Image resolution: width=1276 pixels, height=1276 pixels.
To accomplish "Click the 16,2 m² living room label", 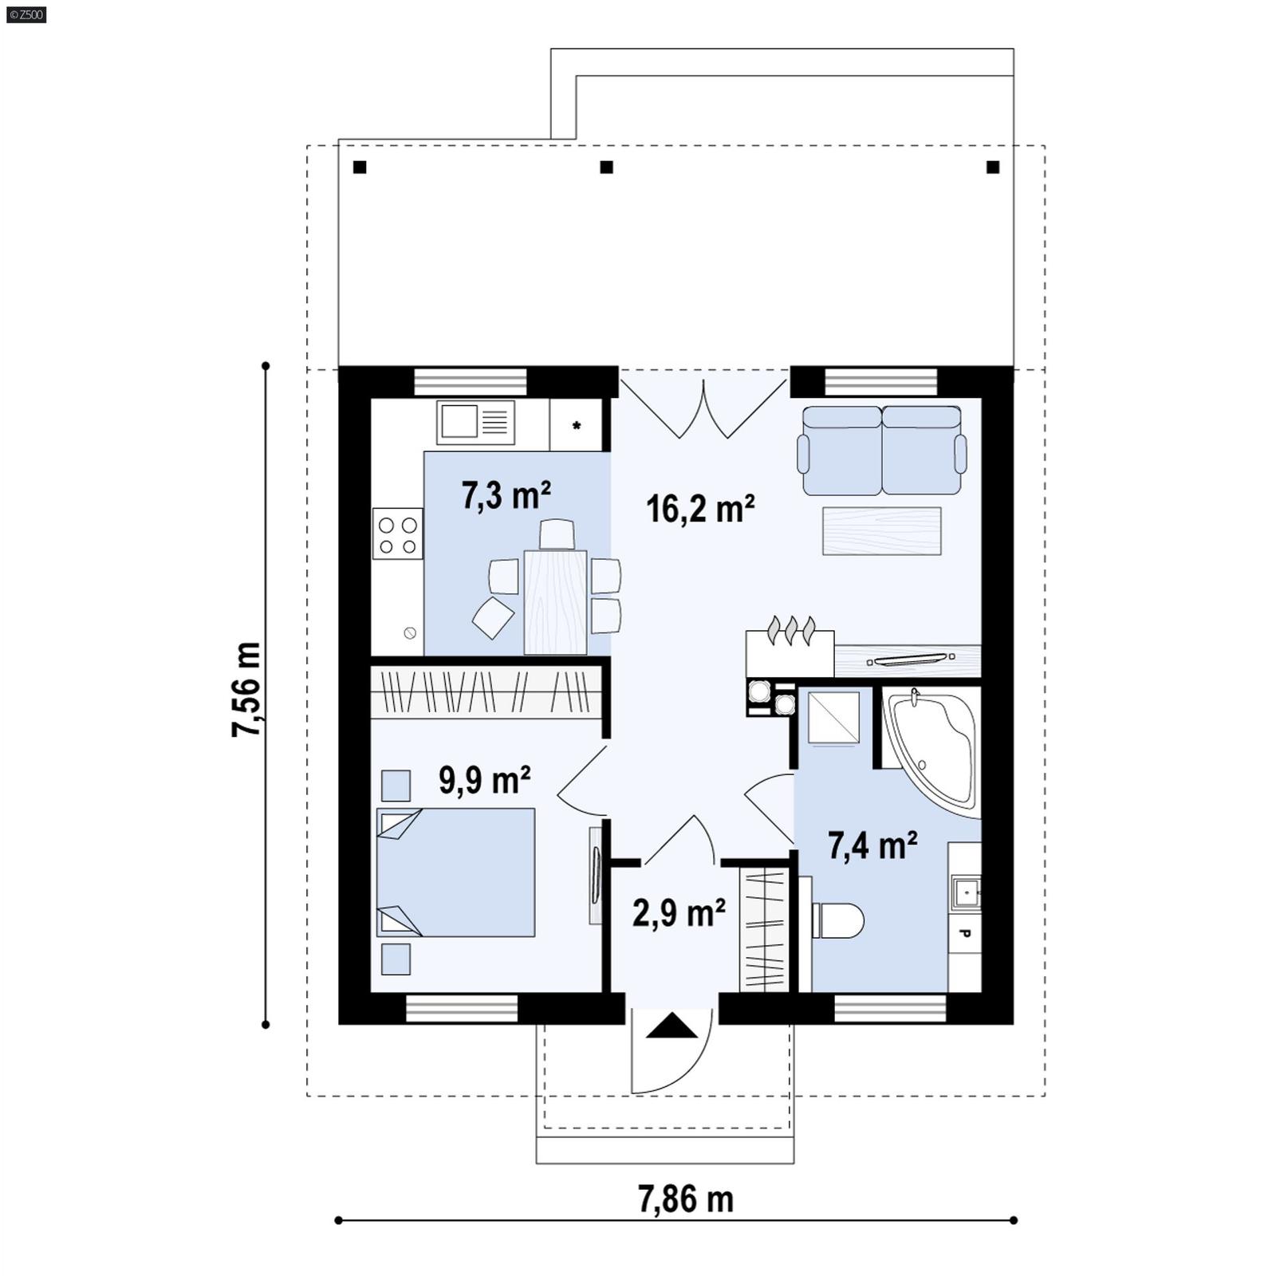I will (699, 509).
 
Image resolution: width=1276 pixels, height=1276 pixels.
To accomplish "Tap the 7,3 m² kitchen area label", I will (506, 496).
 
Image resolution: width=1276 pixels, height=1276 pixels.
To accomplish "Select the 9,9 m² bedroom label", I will (484, 780).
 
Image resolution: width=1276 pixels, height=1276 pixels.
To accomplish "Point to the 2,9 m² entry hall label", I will (678, 913).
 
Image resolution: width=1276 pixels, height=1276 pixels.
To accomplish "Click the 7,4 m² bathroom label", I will (872, 846).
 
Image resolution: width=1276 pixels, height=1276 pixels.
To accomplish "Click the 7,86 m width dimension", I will (685, 1199).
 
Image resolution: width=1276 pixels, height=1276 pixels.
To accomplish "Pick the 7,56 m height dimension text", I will (246, 689).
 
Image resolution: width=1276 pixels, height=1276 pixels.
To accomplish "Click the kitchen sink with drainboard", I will (475, 422).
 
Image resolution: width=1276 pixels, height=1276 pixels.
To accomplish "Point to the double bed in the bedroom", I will (455, 872).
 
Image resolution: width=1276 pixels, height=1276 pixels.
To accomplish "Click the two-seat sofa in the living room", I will (881, 451).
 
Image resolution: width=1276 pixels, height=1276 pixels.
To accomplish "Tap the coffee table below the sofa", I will (881, 531).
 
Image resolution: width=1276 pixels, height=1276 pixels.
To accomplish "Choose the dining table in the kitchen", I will (555, 601).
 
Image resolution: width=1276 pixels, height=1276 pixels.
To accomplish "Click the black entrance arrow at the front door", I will (671, 1026).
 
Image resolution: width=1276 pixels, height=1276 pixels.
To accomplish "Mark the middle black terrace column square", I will (606, 167).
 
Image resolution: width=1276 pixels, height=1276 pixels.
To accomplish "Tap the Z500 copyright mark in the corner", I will (26, 14).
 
